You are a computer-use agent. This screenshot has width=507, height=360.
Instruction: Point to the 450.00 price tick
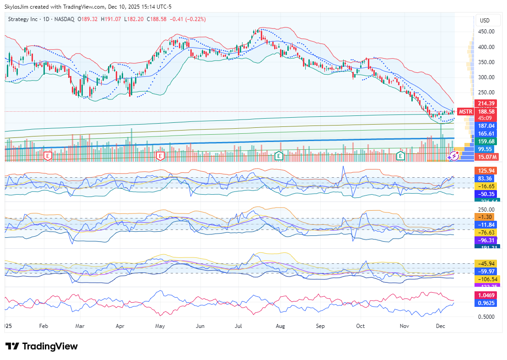point(486,32)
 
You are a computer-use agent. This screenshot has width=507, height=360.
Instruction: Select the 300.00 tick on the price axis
point(486,77)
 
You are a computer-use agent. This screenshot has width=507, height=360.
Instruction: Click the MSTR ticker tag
point(465,112)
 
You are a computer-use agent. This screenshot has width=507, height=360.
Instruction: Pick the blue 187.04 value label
point(486,125)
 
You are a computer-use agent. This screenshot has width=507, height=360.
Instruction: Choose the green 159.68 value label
point(486,141)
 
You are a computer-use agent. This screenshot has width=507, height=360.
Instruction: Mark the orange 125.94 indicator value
point(486,170)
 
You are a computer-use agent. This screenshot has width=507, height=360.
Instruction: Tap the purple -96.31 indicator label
point(486,240)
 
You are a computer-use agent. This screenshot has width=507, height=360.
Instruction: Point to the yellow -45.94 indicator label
point(486,263)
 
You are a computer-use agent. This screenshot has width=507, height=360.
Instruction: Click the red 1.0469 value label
point(486,295)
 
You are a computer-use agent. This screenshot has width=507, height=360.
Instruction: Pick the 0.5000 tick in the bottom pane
point(486,316)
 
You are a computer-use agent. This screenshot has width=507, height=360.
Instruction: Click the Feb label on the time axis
point(43,327)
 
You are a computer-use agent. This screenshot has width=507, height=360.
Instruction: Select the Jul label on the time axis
point(238,327)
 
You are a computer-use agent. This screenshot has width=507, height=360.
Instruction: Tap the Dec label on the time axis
point(441,327)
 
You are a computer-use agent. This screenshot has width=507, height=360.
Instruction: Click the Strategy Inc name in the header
point(23,19)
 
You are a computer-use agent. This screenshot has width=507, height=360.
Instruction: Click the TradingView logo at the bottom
point(42,346)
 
